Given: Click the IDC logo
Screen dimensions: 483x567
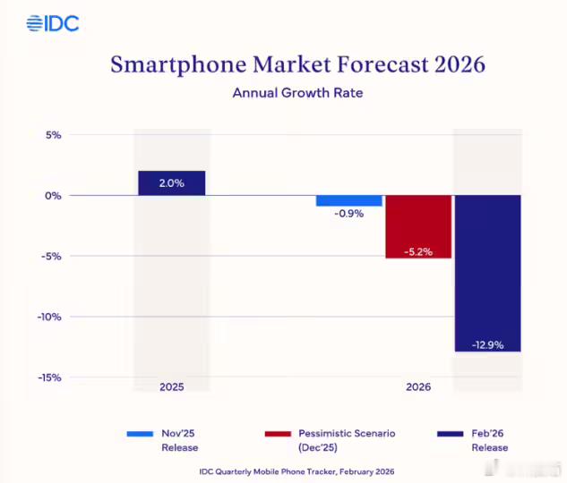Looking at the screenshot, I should tap(53, 23).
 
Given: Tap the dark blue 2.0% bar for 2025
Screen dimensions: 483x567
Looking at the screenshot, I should tap(172, 182).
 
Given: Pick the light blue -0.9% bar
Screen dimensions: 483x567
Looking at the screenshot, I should tap(349, 200).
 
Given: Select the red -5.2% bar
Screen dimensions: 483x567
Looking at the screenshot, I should tap(418, 226).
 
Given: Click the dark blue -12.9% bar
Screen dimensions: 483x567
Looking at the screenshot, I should tap(488, 273).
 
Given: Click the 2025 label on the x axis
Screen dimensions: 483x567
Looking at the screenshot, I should tap(172, 388).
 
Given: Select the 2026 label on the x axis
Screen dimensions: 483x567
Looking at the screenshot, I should tap(418, 388).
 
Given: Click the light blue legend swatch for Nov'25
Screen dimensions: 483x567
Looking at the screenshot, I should tap(140, 434).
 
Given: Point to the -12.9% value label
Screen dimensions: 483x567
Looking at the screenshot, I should tap(488, 344).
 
